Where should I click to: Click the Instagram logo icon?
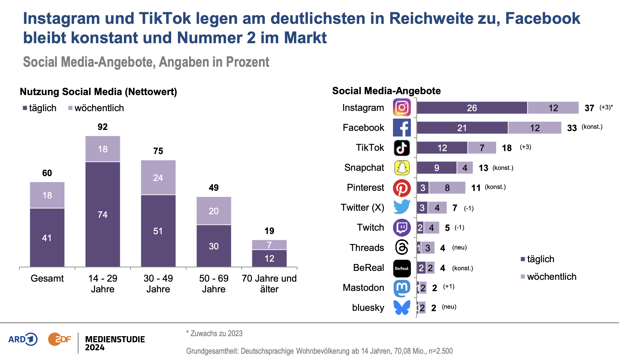pos(402,107)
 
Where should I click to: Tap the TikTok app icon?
pos(402,148)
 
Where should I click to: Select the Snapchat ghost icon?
pos(402,168)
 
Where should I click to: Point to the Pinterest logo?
pos(402,188)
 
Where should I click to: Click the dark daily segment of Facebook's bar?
pos(462,128)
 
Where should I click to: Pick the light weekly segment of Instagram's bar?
pos(553,108)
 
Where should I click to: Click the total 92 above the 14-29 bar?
pos(103,127)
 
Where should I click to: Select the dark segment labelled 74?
pos(103,214)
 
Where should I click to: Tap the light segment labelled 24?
pos(158,178)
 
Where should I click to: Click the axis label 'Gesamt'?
pos(47,278)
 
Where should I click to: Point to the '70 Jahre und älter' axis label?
pos(269,283)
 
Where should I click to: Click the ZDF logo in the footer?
pos(60,339)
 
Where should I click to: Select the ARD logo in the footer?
pos(23,339)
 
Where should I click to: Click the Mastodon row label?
pos(363,288)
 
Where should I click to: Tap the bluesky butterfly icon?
pos(402,308)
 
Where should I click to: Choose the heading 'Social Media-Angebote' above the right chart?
pos(386,91)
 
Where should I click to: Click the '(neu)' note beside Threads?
pos(459,247)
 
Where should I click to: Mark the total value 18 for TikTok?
pos(507,148)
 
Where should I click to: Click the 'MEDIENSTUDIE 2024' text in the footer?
pos(115,343)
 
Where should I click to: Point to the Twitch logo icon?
pos(402,228)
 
